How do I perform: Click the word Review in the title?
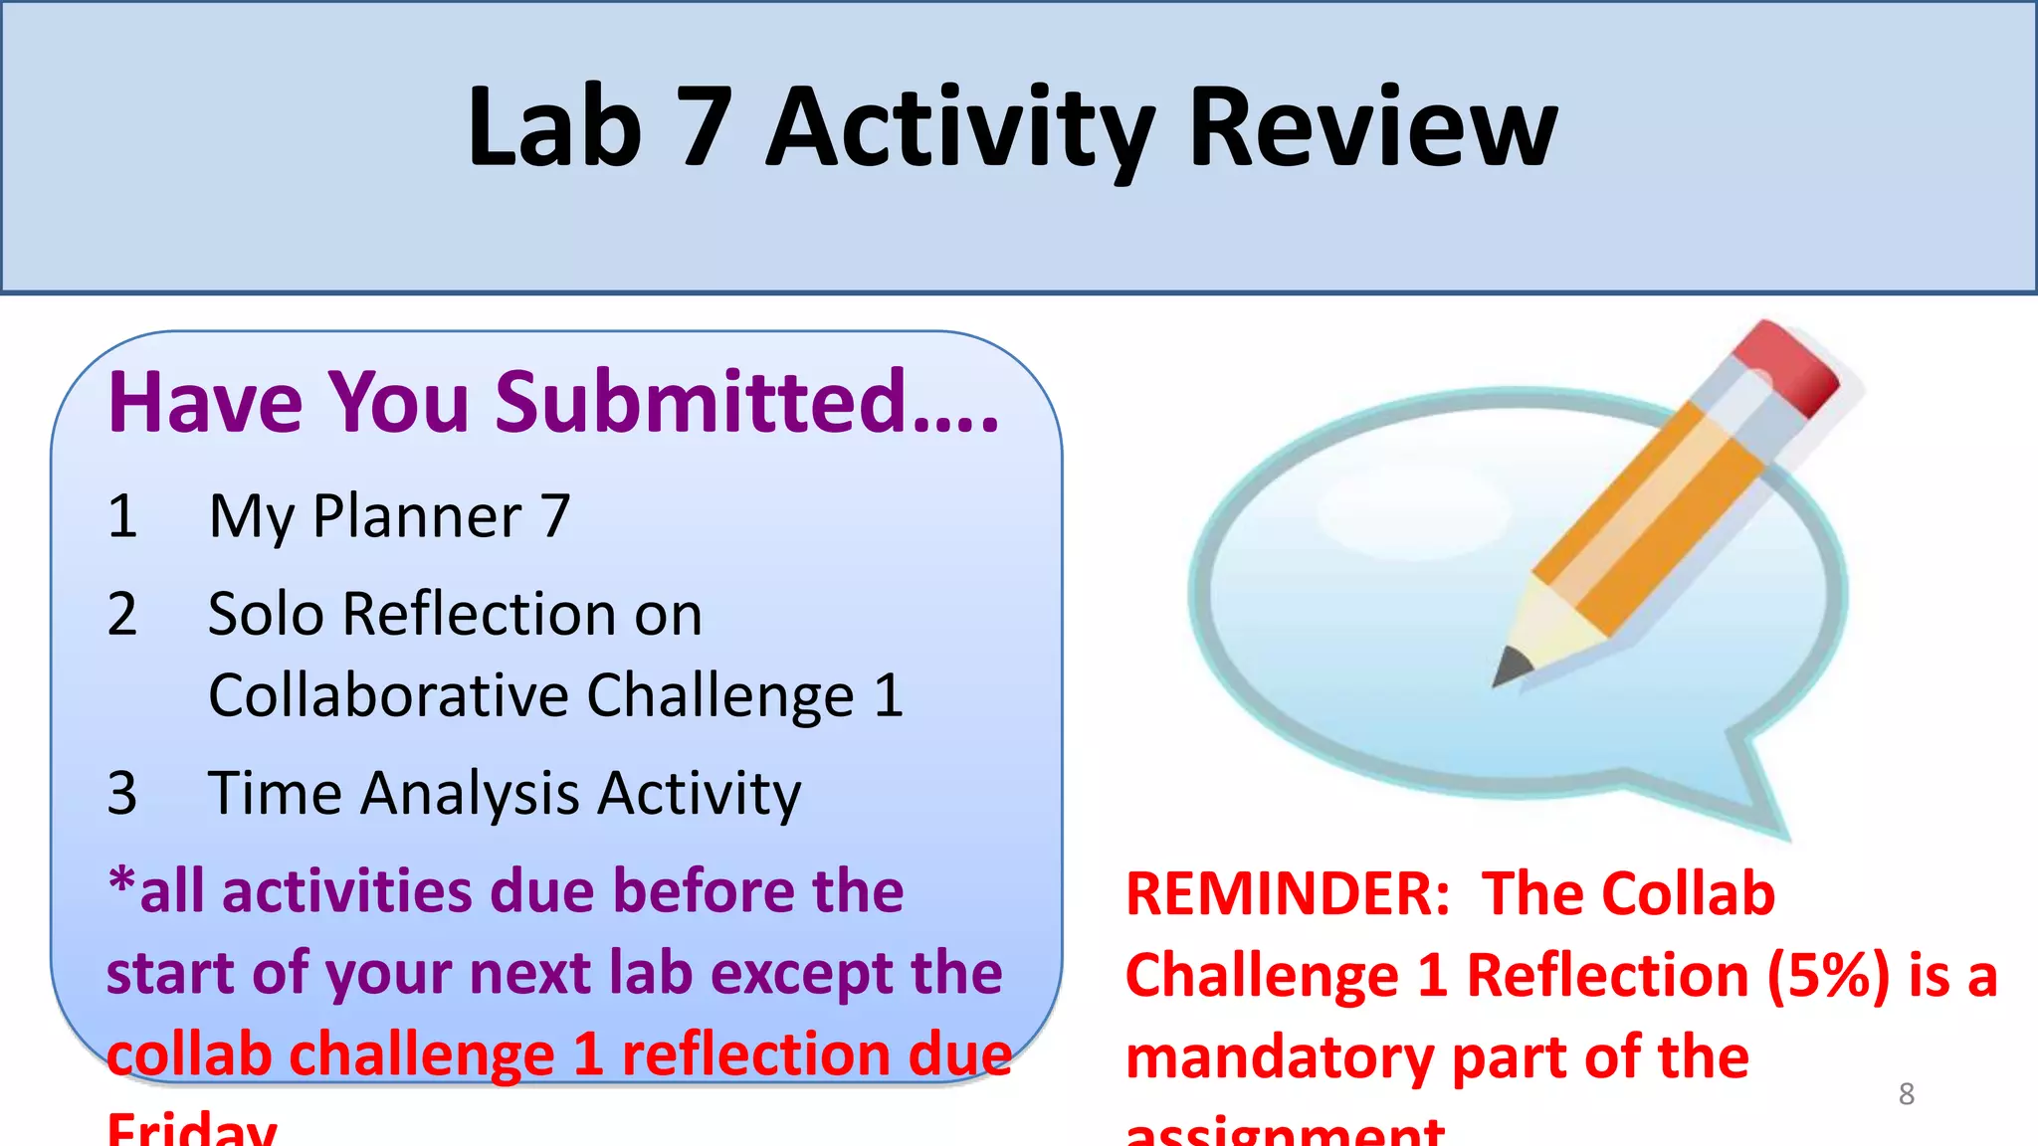1373,127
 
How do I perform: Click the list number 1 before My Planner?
122,516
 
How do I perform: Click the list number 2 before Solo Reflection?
122,614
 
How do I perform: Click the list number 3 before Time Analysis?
122,793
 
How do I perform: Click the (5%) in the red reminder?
1827,975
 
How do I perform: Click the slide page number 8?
1906,1094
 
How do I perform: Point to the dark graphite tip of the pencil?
1511,665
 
